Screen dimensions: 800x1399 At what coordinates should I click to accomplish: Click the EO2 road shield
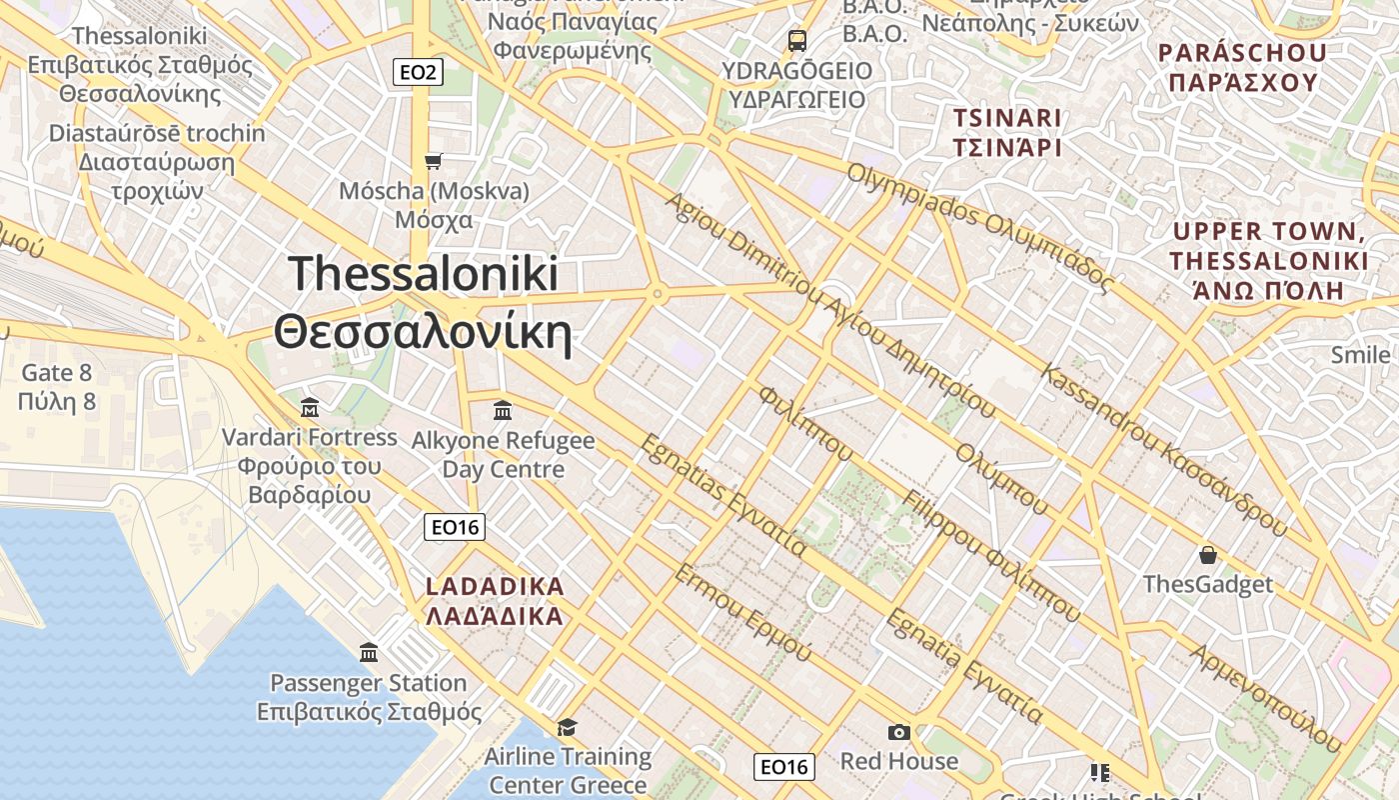(417, 72)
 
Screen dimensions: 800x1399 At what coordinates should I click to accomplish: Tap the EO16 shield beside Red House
(783, 767)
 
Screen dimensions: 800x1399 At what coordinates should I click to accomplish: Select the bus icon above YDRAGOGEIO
(796, 41)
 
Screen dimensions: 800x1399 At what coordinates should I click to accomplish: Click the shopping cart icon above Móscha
(433, 161)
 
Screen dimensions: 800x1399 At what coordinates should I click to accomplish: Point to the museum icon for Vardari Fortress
(310, 407)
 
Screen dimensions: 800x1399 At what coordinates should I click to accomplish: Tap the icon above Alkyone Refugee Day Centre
(503, 410)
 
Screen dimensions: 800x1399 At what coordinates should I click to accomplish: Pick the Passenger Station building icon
(369, 653)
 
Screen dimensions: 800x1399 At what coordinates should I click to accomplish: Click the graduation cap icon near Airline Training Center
(567, 727)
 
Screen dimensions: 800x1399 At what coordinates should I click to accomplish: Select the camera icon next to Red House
(898, 732)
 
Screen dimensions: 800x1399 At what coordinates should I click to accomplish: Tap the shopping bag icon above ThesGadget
(1207, 555)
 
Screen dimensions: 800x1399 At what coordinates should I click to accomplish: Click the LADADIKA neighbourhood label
(495, 600)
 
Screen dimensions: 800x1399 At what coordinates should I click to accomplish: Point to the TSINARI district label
(1006, 132)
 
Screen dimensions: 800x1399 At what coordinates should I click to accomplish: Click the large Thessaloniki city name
(424, 303)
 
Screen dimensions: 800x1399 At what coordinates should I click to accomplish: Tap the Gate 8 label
(57, 387)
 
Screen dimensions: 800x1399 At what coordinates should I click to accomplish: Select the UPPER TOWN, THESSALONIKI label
(1269, 261)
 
